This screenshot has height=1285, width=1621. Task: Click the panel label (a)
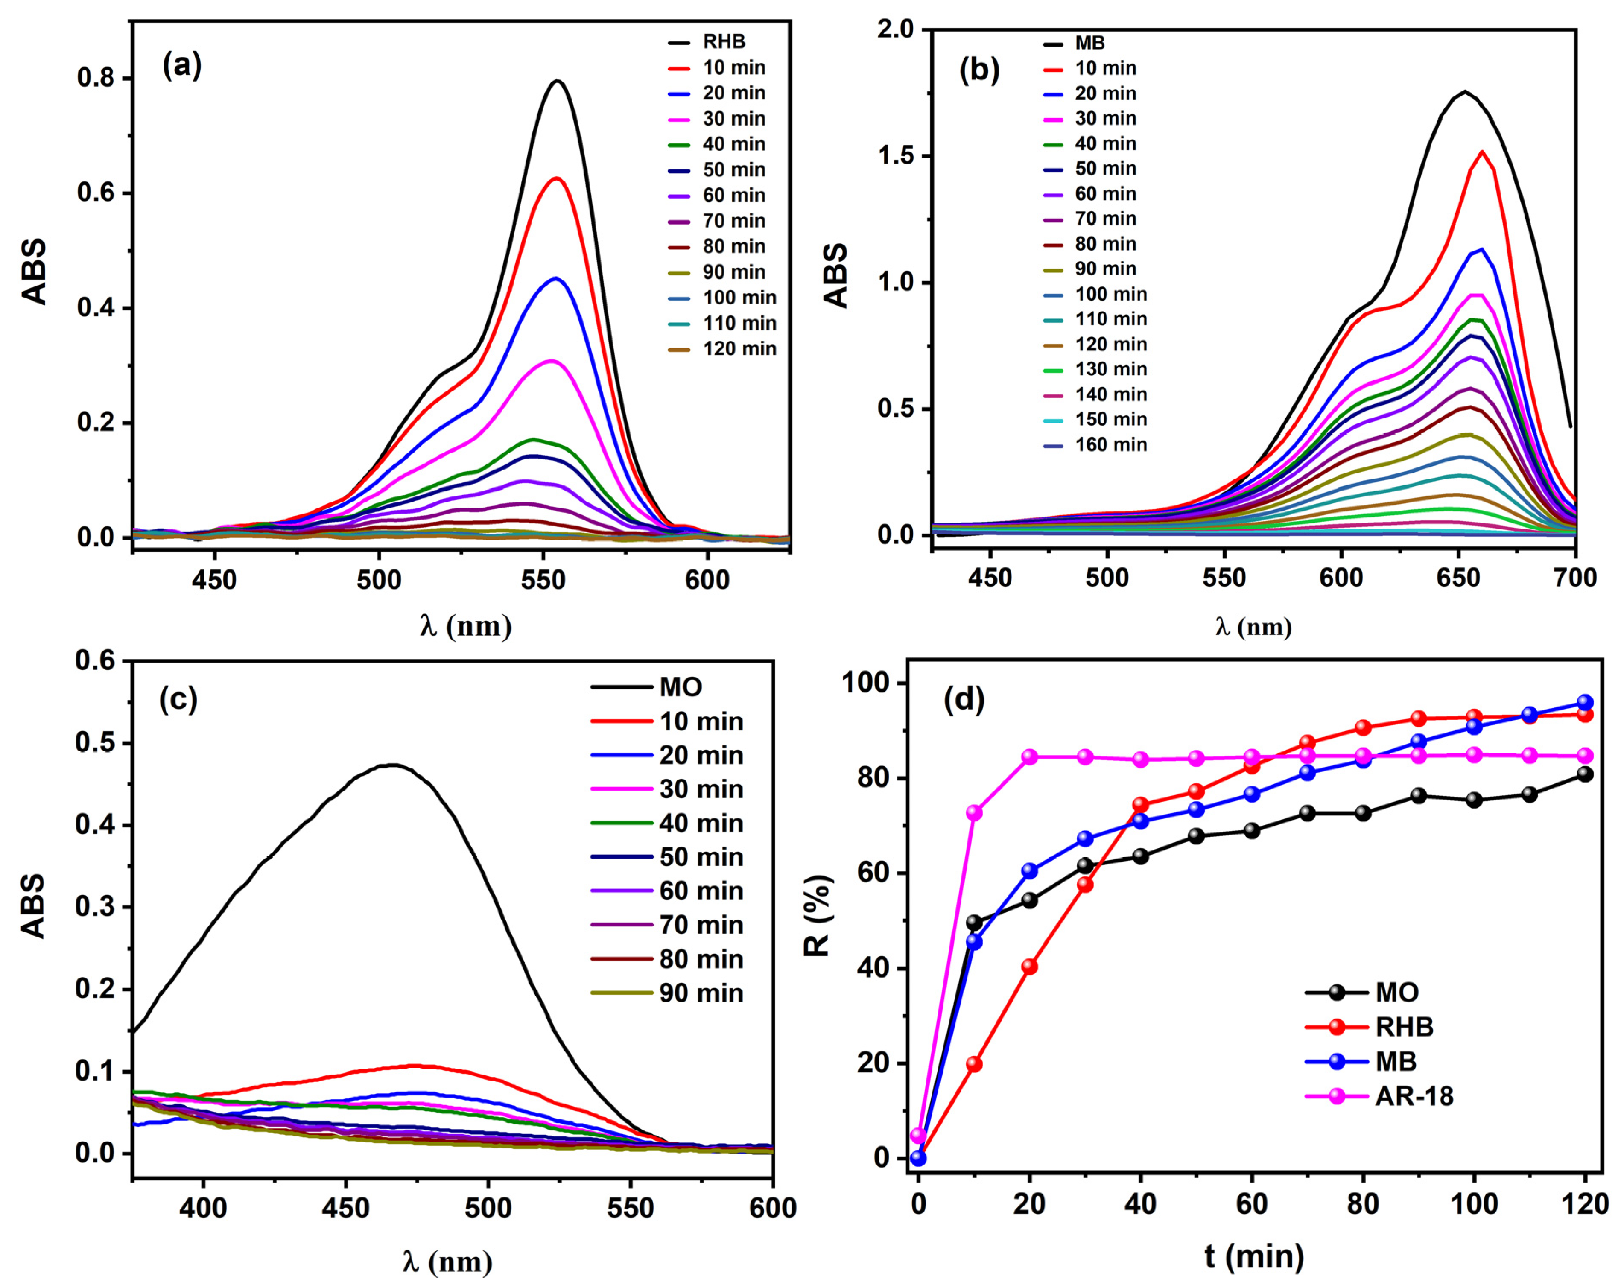182,66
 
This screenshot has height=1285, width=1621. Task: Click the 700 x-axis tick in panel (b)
1575,578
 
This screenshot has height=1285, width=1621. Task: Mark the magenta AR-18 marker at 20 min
1029,756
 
